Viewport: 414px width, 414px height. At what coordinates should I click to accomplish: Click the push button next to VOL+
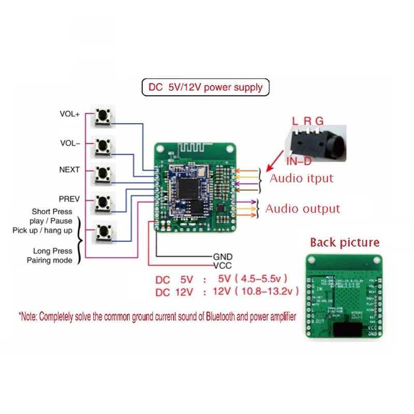click(103, 117)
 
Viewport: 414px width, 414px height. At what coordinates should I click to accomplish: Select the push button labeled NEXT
click(103, 174)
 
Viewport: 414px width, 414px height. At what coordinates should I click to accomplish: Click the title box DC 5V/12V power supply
click(205, 87)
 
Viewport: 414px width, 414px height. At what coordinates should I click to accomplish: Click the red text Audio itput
click(302, 179)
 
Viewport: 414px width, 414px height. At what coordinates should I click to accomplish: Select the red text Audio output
click(303, 209)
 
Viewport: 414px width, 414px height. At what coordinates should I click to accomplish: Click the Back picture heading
click(344, 242)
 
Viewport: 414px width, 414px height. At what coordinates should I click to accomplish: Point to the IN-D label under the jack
click(299, 161)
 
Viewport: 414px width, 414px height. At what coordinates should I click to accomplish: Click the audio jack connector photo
click(316, 142)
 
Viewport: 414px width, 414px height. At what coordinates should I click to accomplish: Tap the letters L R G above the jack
click(307, 121)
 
